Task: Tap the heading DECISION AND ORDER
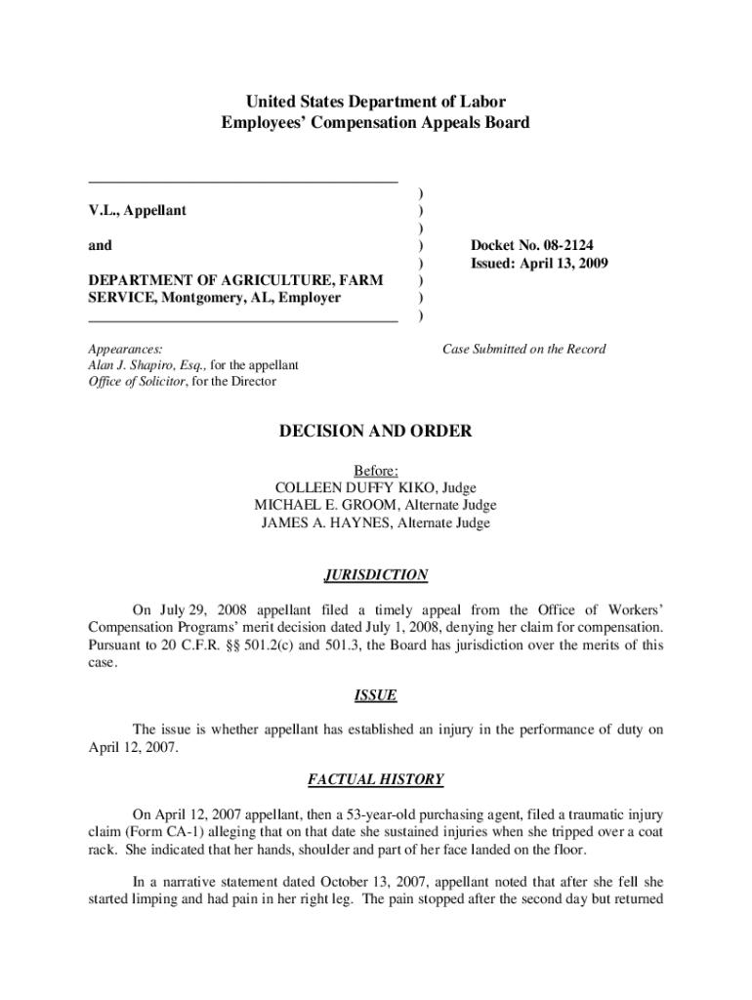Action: coord(375,431)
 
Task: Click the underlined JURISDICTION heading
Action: coord(375,575)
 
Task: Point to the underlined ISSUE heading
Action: coord(375,695)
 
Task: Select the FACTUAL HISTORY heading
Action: coord(375,779)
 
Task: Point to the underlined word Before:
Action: coord(375,470)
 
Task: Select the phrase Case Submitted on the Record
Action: coord(523,349)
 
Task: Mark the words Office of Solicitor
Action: coord(134,382)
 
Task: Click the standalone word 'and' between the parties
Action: coord(100,246)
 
